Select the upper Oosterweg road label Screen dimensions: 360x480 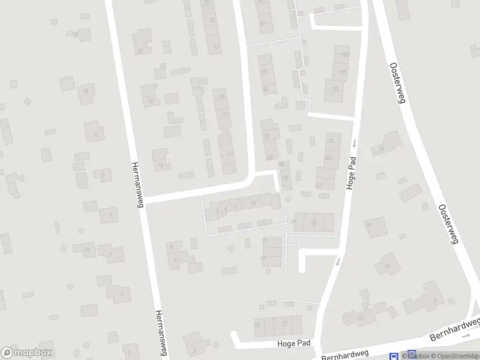[x=397, y=83]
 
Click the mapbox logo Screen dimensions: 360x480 [x=27, y=353]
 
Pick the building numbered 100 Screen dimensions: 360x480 [x=344, y=55]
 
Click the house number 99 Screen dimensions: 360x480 [x=343, y=72]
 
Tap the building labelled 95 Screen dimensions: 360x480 [x=335, y=90]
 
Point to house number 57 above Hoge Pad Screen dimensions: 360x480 [x=284, y=324]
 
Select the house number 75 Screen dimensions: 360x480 [x=313, y=223]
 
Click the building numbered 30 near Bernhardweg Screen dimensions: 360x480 [x=361, y=318]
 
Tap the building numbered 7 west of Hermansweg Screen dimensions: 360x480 [x=109, y=214]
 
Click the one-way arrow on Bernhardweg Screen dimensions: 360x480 [x=466, y=336]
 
